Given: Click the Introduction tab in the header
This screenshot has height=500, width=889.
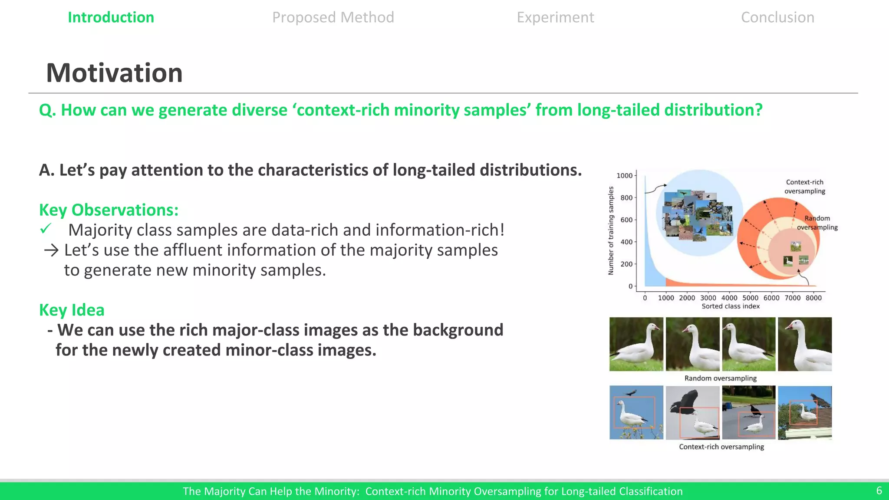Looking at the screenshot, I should pyautogui.click(x=111, y=17).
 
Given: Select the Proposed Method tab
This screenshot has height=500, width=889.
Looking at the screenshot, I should pyautogui.click(x=333, y=17).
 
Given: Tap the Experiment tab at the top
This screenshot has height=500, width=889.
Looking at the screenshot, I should pyautogui.click(x=555, y=17).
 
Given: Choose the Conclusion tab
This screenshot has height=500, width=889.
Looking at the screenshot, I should pyautogui.click(x=777, y=17).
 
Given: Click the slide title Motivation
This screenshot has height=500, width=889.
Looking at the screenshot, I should pyautogui.click(x=114, y=72).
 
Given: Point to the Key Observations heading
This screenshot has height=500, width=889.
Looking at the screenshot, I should pyautogui.click(x=109, y=210).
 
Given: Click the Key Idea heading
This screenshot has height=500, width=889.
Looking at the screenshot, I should pyautogui.click(x=72, y=310).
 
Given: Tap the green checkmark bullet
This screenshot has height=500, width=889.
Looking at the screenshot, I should pyautogui.click(x=46, y=228).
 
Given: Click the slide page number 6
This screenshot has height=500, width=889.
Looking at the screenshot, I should pyautogui.click(x=879, y=490).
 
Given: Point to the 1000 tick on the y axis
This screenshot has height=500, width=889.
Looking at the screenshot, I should pyautogui.click(x=624, y=175).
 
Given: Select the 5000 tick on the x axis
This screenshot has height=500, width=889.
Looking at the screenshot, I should pyautogui.click(x=750, y=298).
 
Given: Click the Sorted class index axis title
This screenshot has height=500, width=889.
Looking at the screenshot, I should pyautogui.click(x=731, y=306).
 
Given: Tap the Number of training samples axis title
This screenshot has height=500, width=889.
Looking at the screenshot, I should pyautogui.click(x=611, y=230).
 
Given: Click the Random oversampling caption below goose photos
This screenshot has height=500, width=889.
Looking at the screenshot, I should pyautogui.click(x=721, y=378).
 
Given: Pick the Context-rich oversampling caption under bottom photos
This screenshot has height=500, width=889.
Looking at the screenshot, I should pyautogui.click(x=721, y=447).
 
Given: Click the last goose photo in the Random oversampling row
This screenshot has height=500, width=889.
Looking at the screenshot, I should pyautogui.click(x=805, y=344).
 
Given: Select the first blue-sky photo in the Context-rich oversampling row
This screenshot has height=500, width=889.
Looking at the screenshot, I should pyautogui.click(x=636, y=412).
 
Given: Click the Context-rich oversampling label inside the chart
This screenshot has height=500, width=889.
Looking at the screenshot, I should pyautogui.click(x=804, y=187).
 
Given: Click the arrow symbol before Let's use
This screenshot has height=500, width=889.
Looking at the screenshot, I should pyautogui.click(x=51, y=250).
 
